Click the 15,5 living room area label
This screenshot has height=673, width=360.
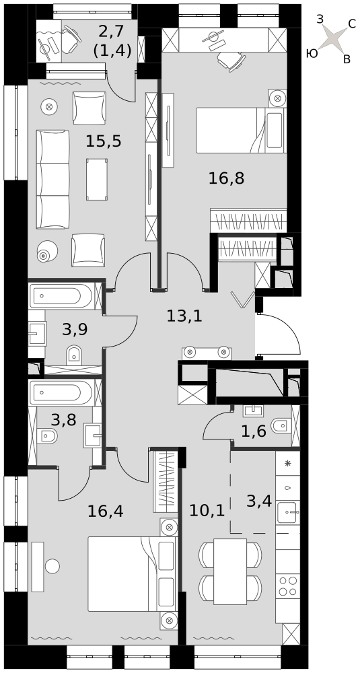click(x=104, y=141)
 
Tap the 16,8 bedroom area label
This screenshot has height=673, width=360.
click(x=227, y=178)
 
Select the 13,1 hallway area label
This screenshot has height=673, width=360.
click(x=184, y=317)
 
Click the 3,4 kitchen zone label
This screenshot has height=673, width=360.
click(x=259, y=501)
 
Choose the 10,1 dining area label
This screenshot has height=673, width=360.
click(x=207, y=510)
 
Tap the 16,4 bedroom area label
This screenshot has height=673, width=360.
click(x=106, y=511)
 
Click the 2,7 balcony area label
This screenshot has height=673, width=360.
click(x=111, y=32)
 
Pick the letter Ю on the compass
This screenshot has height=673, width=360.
click(x=312, y=53)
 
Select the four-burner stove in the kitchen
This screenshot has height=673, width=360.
click(x=287, y=586)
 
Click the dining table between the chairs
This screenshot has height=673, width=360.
click(x=230, y=571)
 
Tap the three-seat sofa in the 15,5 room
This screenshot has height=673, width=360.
click(x=52, y=180)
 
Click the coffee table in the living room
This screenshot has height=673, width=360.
click(x=97, y=179)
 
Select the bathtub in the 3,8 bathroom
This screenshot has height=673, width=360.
click(x=61, y=392)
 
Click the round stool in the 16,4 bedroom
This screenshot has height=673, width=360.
click(x=52, y=566)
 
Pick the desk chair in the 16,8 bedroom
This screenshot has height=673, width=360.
click(x=231, y=61)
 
